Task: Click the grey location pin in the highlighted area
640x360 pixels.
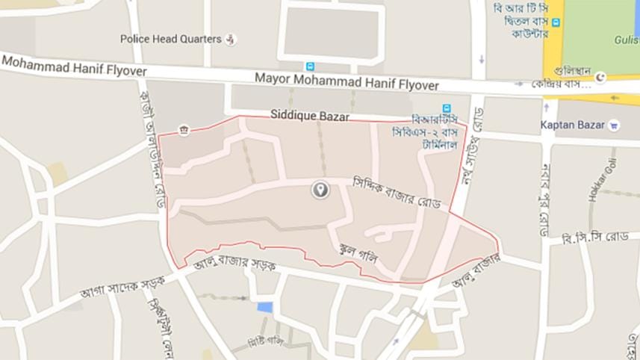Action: tap(320, 190)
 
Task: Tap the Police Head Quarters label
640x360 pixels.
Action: tap(171, 39)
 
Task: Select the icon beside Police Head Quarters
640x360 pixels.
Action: tap(232, 39)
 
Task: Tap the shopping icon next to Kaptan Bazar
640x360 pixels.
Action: tap(614, 125)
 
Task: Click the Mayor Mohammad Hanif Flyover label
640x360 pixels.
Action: tap(347, 77)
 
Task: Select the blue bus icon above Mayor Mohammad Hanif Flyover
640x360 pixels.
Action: tap(310, 66)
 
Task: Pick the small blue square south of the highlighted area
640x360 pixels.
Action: tap(265, 307)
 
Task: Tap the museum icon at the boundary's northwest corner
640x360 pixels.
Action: tap(184, 131)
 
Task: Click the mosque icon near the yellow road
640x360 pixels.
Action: tap(601, 76)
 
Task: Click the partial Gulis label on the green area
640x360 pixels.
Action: tap(626, 39)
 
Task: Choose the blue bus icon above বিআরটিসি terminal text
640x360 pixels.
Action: tap(447, 108)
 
